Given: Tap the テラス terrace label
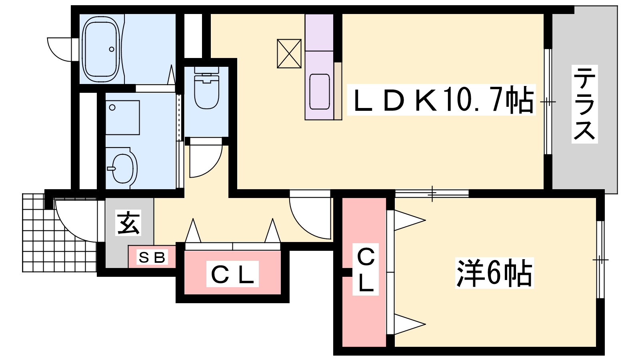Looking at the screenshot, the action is pyautogui.click(x=584, y=104).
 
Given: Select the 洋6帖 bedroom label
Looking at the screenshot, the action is pyautogui.click(x=494, y=273).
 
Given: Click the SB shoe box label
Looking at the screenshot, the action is pyautogui.click(x=152, y=258).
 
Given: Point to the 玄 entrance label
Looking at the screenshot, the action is pyautogui.click(x=128, y=222).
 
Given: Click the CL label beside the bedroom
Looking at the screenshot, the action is pyautogui.click(x=366, y=269).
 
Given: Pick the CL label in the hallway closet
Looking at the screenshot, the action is pyautogui.click(x=232, y=274).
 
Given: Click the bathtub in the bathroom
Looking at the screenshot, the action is pyautogui.click(x=100, y=49).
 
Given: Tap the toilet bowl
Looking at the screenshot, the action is pyautogui.click(x=206, y=88).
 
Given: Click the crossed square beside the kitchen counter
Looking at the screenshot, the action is pyautogui.click(x=289, y=54).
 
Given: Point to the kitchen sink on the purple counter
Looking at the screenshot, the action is pyautogui.click(x=320, y=92).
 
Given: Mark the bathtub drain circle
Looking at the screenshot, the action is pyautogui.click(x=112, y=49).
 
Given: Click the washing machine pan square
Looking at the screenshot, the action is pyautogui.click(x=122, y=118).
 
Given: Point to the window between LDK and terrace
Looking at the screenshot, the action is pyautogui.click(x=548, y=102).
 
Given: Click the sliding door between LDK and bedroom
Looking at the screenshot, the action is pyautogui.click(x=432, y=194).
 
